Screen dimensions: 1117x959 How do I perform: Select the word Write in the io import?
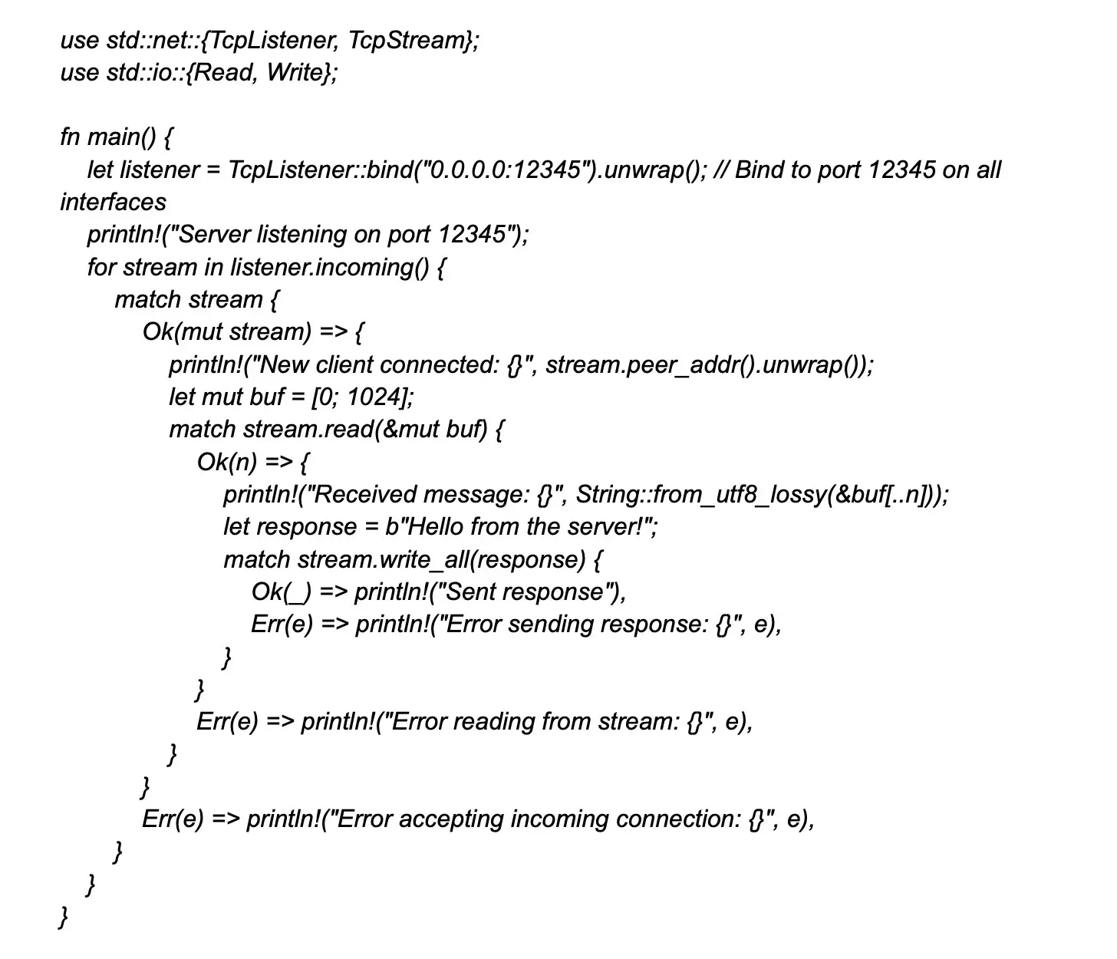tap(295, 73)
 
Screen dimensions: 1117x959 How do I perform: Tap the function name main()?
tap(121, 137)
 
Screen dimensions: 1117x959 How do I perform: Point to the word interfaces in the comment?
tap(113, 203)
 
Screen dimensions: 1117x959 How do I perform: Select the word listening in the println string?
tap(301, 234)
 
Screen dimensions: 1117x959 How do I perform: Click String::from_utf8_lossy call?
tap(701, 494)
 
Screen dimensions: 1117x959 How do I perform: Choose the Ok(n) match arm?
tap(226, 462)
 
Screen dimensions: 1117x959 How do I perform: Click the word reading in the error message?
tap(493, 721)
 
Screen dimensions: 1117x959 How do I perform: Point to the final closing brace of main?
tap(64, 917)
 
